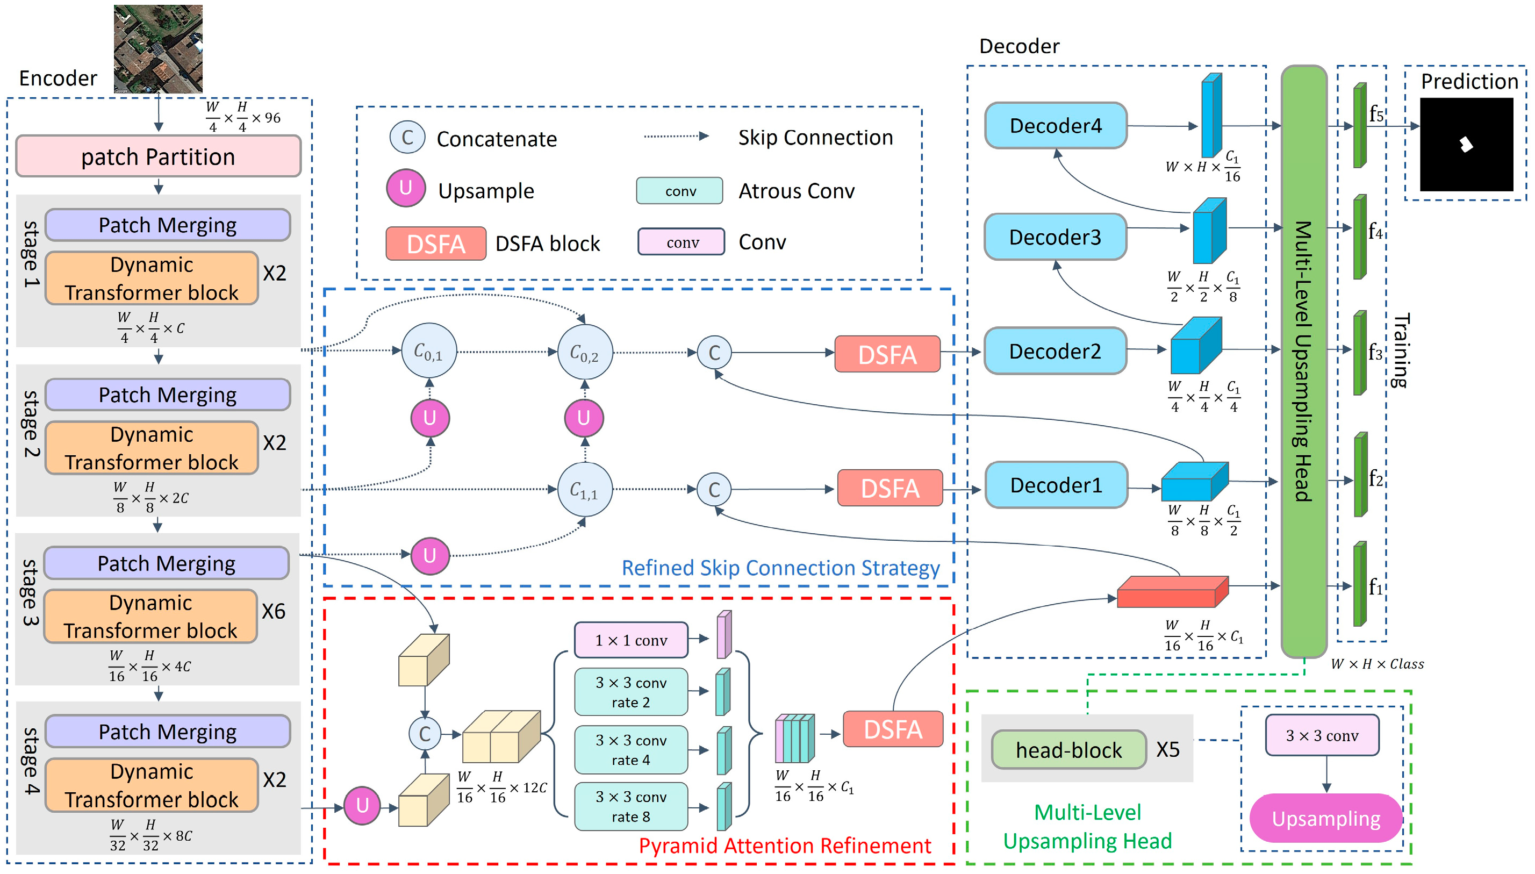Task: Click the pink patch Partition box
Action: pyautogui.click(x=158, y=156)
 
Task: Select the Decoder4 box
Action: pyautogui.click(x=1056, y=125)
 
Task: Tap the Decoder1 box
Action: pyautogui.click(x=1056, y=485)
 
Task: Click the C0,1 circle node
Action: pyautogui.click(x=428, y=351)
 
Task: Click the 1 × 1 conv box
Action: pyautogui.click(x=630, y=640)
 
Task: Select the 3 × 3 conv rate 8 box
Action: pyautogui.click(x=630, y=807)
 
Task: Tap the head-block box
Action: pyautogui.click(x=1068, y=750)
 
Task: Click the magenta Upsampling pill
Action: pyautogui.click(x=1325, y=818)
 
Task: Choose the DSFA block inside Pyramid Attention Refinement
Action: pyautogui.click(x=892, y=729)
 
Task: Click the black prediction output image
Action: pyautogui.click(x=1466, y=145)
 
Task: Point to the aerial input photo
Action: pyautogui.click(x=158, y=48)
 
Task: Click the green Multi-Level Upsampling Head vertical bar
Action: pyautogui.click(x=1303, y=360)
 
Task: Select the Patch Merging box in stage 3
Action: pyautogui.click(x=166, y=563)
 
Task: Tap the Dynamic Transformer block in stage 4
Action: pyautogui.click(x=151, y=785)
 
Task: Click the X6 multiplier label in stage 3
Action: pyautogui.click(x=274, y=611)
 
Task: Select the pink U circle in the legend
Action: pyautogui.click(x=406, y=188)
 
